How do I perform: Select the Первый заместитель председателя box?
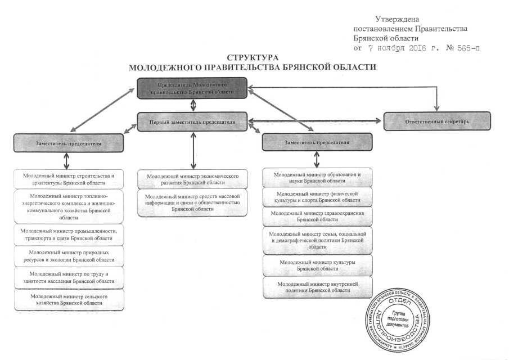pyautogui.click(x=192, y=122)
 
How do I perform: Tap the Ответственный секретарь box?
pyautogui.click(x=437, y=121)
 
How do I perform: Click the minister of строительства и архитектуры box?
pyautogui.click(x=68, y=179)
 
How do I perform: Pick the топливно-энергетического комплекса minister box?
pyautogui.click(x=68, y=206)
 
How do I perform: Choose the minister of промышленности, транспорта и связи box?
pyautogui.click(x=68, y=235)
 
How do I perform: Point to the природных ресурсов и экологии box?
pyautogui.click(x=68, y=256)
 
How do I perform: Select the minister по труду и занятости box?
pyautogui.click(x=68, y=277)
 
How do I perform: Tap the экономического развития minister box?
pyautogui.click(x=192, y=179)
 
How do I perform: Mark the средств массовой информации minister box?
pyautogui.click(x=192, y=201)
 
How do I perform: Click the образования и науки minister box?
pyautogui.click(x=317, y=178)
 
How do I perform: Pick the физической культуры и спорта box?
pyautogui.click(x=317, y=197)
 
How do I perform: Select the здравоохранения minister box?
pyautogui.click(x=317, y=217)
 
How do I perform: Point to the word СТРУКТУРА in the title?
pyautogui.click(x=253, y=58)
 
